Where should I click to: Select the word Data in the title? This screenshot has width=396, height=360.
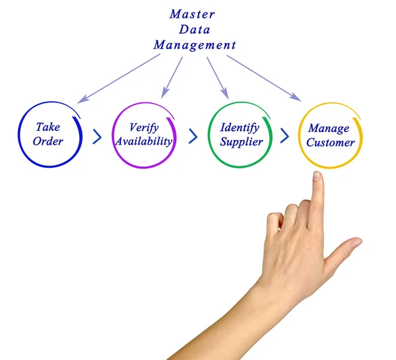(195, 29)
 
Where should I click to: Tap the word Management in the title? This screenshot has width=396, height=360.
(195, 46)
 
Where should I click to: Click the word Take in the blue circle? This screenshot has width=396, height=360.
(48, 127)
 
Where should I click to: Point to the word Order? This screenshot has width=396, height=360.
(48, 141)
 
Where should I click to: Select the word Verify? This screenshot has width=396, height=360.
(144, 127)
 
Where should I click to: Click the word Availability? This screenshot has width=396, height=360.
(144, 141)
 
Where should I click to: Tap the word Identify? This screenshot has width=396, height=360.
(240, 127)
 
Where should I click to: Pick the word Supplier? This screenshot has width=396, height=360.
(241, 142)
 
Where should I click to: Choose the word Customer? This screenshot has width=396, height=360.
(331, 143)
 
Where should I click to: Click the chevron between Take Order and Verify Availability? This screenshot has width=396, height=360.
(97, 137)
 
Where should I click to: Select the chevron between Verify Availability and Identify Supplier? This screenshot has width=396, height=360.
(193, 137)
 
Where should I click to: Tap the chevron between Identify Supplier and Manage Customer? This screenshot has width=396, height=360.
(284, 137)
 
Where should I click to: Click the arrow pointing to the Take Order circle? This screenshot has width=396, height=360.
(118, 79)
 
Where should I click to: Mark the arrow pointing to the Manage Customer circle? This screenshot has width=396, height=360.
(264, 78)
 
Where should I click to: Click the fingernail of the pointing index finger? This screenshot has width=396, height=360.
(317, 176)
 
